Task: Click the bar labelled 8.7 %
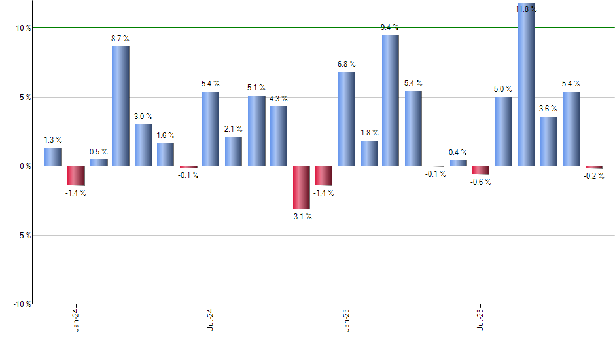[x=120, y=106]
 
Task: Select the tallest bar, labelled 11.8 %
[x=527, y=85]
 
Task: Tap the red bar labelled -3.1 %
[x=302, y=187]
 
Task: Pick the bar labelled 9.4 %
[x=391, y=101]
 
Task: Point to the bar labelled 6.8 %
[x=347, y=119]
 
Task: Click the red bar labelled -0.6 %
[x=481, y=170]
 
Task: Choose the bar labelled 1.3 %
[x=54, y=157]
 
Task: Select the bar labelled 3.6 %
[x=549, y=141]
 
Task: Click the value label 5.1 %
[x=256, y=88]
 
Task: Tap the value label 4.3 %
[x=279, y=99]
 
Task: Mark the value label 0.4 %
[x=458, y=153]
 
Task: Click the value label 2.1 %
[x=234, y=129]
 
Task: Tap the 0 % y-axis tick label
[x=24, y=166]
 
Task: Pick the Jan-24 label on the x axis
[x=77, y=319]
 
